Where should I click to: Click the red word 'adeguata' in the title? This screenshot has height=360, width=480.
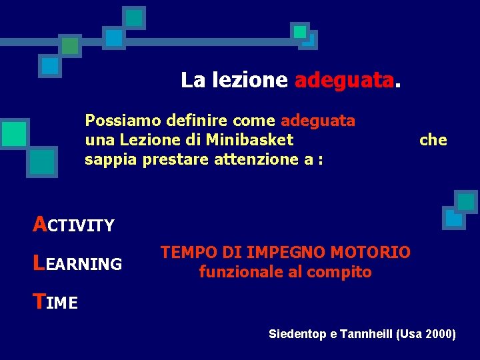click(x=344, y=81)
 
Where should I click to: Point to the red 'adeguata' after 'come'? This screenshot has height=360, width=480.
click(x=318, y=121)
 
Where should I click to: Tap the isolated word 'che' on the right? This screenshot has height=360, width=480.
click(x=433, y=140)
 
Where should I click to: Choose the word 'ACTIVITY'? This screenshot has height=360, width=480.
click(x=73, y=225)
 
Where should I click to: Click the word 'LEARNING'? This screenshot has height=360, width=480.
click(x=77, y=264)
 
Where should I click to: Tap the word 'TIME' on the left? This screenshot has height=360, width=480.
click(x=55, y=303)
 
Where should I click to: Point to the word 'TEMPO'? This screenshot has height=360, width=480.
click(x=185, y=252)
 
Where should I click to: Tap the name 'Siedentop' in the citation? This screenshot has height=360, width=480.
click(x=298, y=334)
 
